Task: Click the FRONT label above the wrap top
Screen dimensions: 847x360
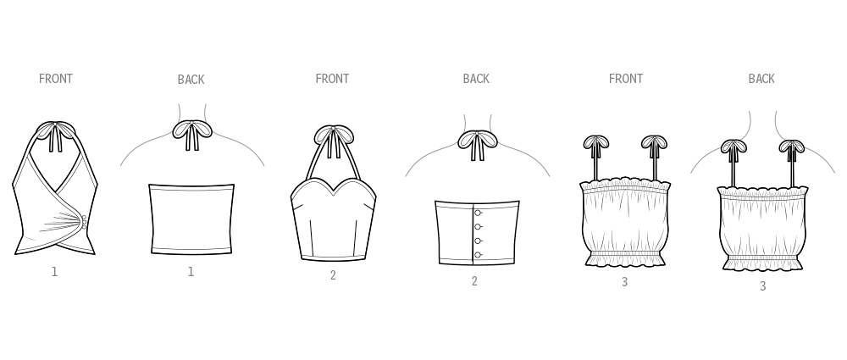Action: pyautogui.click(x=56, y=79)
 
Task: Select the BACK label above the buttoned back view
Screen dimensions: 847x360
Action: pyautogui.click(x=476, y=79)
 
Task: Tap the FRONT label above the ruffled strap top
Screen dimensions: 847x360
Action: pyautogui.click(x=626, y=79)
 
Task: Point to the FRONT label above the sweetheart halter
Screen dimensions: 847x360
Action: pyautogui.click(x=332, y=79)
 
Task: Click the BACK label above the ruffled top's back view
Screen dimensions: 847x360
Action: pyautogui.click(x=761, y=79)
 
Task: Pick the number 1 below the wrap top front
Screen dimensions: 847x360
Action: pyautogui.click(x=54, y=273)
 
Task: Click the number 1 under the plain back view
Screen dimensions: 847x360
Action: pyautogui.click(x=191, y=273)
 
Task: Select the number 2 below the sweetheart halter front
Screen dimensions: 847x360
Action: pyautogui.click(x=333, y=275)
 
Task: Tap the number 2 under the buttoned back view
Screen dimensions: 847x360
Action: pyautogui.click(x=474, y=281)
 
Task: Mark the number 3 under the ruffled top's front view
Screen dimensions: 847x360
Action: pyautogui.click(x=624, y=282)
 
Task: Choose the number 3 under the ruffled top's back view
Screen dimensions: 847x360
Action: pyautogui.click(x=763, y=287)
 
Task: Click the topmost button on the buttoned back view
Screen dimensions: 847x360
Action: pyautogui.click(x=478, y=213)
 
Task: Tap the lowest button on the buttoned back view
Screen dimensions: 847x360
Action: pyautogui.click(x=478, y=255)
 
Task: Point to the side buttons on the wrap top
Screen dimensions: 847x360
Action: pyautogui.click(x=84, y=222)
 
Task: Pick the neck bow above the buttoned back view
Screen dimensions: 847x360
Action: pyautogui.click(x=478, y=144)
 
